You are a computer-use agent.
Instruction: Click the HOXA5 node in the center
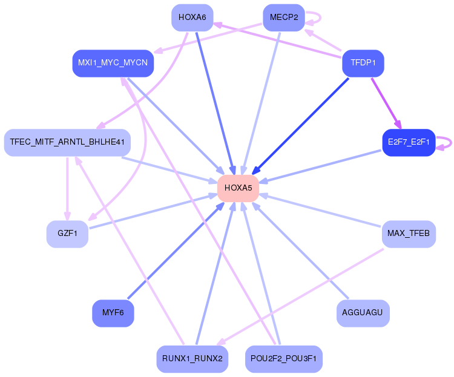(x=238, y=188)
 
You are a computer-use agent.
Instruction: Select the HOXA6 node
(x=192, y=18)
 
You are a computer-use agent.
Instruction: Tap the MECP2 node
(x=284, y=18)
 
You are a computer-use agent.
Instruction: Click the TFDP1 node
(x=363, y=63)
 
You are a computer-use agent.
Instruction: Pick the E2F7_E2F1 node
(x=409, y=142)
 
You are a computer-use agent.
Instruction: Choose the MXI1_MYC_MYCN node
(x=113, y=63)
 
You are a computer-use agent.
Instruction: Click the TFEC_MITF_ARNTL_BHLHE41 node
(x=67, y=142)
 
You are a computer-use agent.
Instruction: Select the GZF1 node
(x=67, y=234)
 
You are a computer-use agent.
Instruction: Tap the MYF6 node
(x=113, y=313)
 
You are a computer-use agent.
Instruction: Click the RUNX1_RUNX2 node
(x=192, y=359)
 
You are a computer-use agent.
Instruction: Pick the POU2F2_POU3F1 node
(x=284, y=359)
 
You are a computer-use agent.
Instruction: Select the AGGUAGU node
(x=363, y=313)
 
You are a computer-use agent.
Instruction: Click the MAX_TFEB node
(x=409, y=234)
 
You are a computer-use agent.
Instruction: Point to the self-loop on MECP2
(x=320, y=18)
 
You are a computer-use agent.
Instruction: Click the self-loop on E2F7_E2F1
(x=451, y=143)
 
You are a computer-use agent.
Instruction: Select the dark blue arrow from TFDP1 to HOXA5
(x=300, y=126)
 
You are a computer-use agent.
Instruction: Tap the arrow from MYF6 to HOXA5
(x=176, y=251)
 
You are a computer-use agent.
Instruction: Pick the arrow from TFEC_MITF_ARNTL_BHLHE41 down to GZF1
(x=67, y=189)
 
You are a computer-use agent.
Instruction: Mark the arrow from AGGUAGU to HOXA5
(x=300, y=251)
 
